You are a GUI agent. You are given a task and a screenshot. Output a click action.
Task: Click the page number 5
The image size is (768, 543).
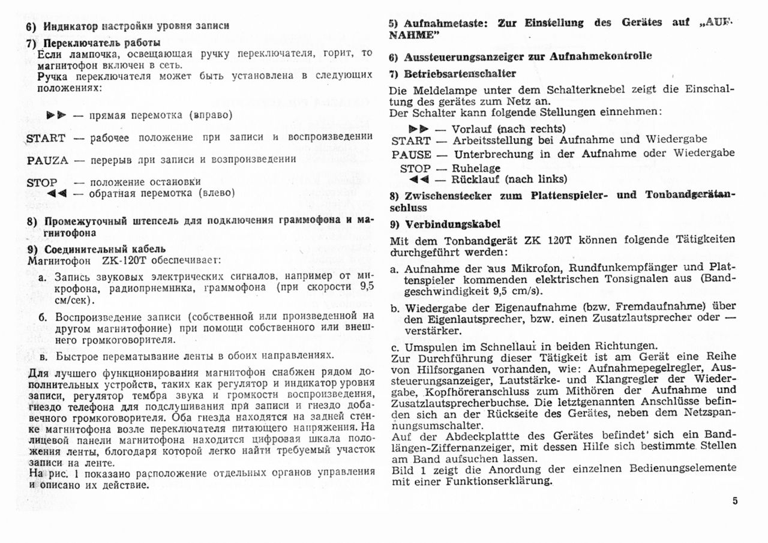pyautogui.click(x=735, y=502)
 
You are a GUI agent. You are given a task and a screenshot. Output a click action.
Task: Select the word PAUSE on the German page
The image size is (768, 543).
pyautogui.click(x=411, y=154)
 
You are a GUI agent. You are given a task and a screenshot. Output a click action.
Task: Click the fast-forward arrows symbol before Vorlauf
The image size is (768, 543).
pyautogui.click(x=419, y=128)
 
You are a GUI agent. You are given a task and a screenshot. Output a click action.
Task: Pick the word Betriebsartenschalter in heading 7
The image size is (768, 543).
pyautogui.click(x=460, y=74)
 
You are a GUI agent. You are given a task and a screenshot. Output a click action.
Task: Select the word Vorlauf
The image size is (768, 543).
pyautogui.click(x=472, y=128)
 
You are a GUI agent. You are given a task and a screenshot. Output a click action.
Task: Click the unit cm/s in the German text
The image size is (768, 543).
pyautogui.click(x=526, y=291)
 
